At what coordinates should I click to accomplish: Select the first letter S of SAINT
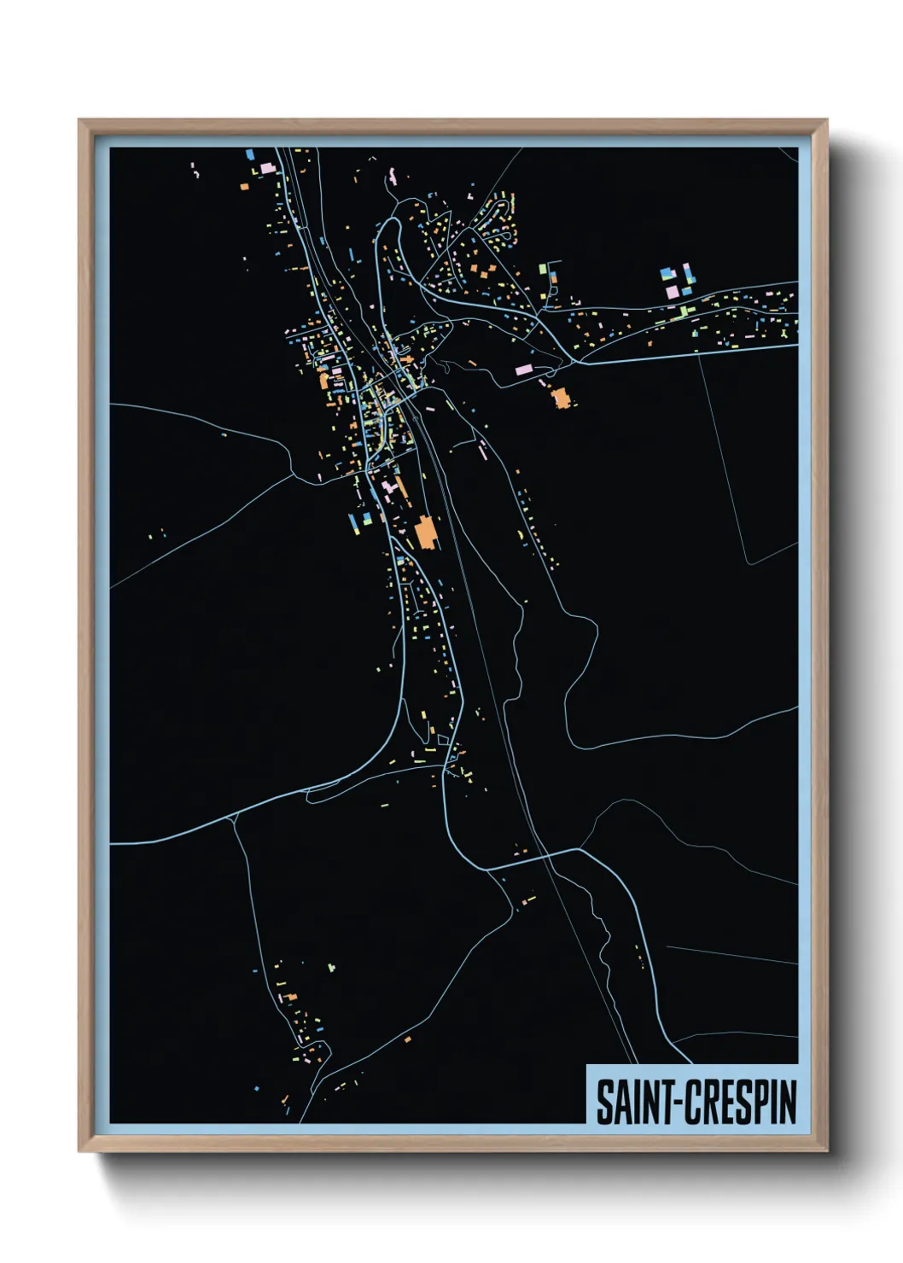(603, 1102)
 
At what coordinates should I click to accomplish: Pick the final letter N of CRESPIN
(788, 1102)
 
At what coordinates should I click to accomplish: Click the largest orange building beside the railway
(425, 533)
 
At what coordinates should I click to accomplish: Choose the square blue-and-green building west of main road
(367, 517)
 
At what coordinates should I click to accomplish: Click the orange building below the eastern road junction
(561, 398)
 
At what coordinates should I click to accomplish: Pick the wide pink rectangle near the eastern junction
(523, 370)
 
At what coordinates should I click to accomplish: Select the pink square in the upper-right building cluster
(672, 292)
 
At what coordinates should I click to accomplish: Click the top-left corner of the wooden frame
(79, 120)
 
